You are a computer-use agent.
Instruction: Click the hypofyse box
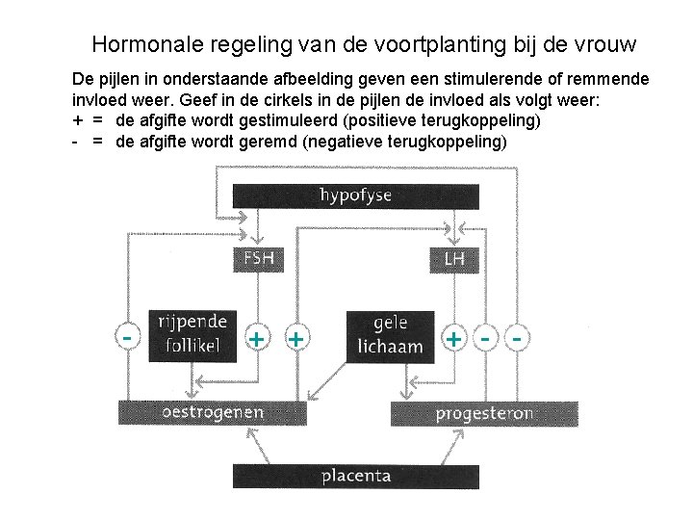point(355,195)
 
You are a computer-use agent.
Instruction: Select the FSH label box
point(257,259)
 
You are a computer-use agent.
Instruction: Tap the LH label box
point(454,259)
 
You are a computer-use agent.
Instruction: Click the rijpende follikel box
point(192,334)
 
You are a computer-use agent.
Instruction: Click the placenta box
point(355,476)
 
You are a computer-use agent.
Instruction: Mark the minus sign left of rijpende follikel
point(127,337)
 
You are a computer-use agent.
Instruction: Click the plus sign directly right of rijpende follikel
point(257,339)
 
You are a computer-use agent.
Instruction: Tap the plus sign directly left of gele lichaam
point(296,339)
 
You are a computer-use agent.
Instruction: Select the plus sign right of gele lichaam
point(452,339)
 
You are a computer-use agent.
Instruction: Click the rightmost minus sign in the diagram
point(519,339)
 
